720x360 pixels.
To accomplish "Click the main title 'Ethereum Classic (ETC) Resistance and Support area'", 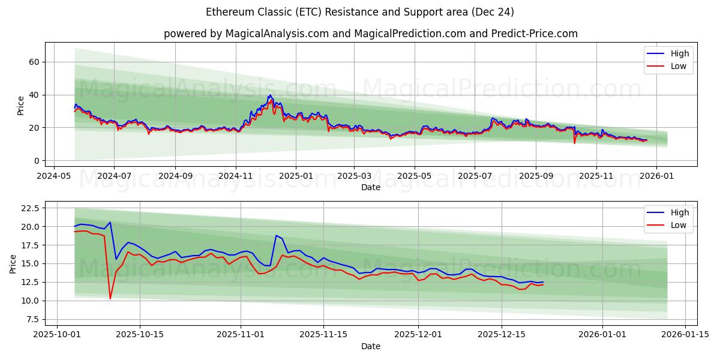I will click(359, 12).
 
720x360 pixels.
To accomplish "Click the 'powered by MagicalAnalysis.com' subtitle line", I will click(370, 34).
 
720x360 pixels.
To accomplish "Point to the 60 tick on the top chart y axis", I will click(34, 62).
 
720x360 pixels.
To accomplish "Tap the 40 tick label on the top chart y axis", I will click(34, 95).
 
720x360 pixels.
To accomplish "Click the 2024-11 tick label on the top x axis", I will click(235, 176).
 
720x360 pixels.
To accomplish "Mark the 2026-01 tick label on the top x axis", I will click(656, 176).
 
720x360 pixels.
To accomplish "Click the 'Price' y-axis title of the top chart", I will click(21, 106).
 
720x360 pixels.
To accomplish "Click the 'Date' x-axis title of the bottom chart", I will click(370, 346).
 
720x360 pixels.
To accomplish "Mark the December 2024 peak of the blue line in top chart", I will click(270, 95).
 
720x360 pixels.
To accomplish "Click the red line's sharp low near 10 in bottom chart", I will click(110, 298).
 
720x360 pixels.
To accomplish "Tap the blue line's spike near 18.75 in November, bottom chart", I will click(276, 235).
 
